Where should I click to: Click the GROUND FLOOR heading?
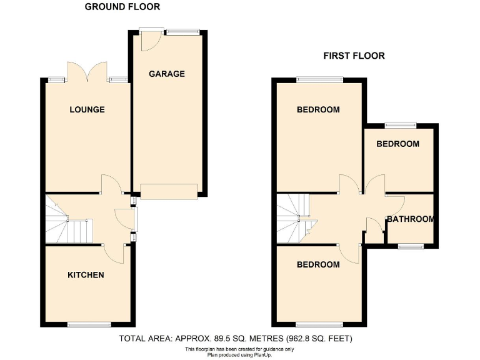point(122,7)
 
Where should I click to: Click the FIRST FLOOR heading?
point(354,56)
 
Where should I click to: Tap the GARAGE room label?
point(167,74)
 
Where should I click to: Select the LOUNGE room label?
point(87,109)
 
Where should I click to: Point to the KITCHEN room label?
point(86,275)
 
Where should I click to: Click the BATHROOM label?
point(410,219)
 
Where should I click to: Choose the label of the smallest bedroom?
point(397,144)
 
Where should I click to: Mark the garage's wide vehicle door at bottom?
point(169,191)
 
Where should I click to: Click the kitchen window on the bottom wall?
point(89,324)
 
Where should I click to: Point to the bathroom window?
point(411,246)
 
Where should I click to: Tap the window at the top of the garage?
point(182,31)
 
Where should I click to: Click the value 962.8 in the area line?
point(300,339)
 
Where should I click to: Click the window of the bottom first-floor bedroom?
point(317,324)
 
